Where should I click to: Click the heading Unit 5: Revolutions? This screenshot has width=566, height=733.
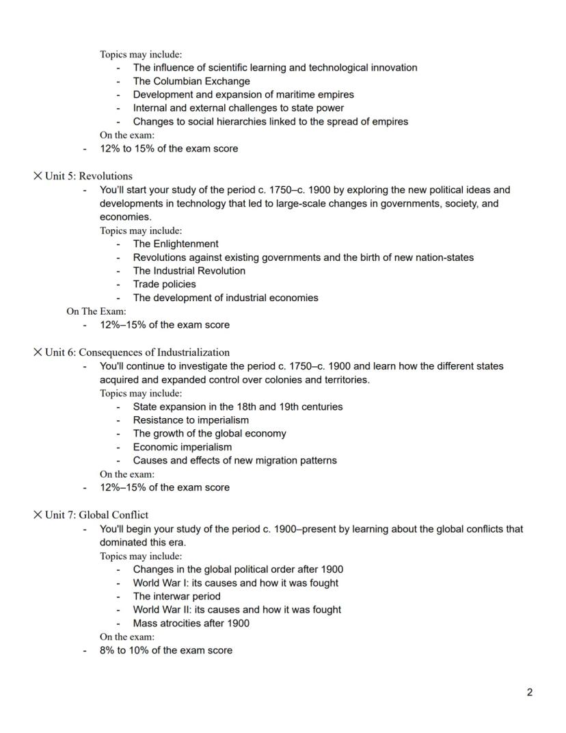(x=88, y=176)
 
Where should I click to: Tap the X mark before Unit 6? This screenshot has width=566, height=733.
(x=38, y=352)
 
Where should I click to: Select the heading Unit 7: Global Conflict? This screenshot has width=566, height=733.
(x=96, y=515)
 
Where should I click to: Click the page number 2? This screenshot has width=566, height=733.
(x=530, y=693)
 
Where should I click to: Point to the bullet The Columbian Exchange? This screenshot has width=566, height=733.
(x=191, y=81)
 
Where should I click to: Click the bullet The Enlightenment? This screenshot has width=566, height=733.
(x=176, y=244)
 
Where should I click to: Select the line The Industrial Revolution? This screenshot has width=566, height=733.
(x=189, y=270)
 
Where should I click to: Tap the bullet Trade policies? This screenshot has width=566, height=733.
(x=164, y=284)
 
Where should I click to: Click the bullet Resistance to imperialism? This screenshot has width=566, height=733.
(x=191, y=420)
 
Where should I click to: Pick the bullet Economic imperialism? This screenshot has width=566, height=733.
(x=182, y=447)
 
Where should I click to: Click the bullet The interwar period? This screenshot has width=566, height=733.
(x=176, y=596)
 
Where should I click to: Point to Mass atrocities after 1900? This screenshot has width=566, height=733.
(x=191, y=623)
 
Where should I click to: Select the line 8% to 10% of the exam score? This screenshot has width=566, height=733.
(x=165, y=650)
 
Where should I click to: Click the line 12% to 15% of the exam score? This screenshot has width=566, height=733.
(x=169, y=149)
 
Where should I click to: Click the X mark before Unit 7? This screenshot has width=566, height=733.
(x=38, y=515)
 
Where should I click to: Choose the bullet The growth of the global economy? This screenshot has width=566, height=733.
(x=209, y=433)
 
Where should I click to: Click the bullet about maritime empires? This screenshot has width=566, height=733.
(x=243, y=94)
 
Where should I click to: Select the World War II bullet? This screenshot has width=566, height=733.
(x=237, y=609)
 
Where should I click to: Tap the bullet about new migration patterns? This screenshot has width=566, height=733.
(x=234, y=460)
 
